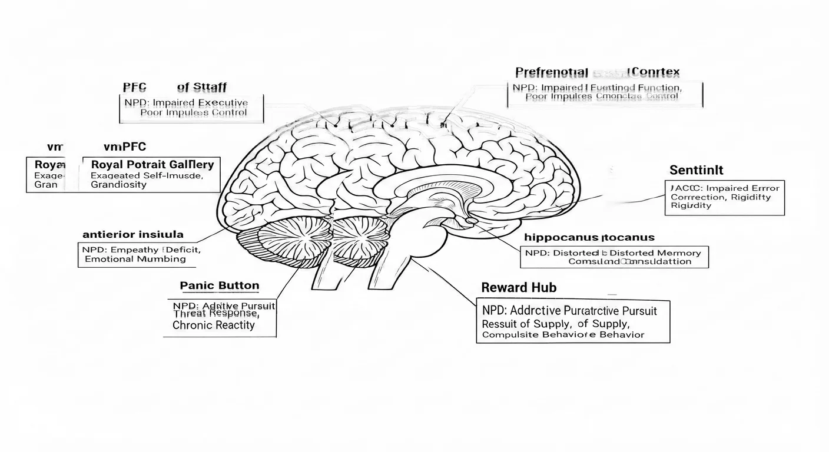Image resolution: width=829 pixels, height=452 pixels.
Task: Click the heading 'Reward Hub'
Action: point(518,288)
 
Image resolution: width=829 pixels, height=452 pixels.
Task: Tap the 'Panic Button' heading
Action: point(219,286)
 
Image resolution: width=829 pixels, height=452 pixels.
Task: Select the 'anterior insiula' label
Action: point(132,234)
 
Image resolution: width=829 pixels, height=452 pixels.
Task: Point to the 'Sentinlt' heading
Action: point(697,170)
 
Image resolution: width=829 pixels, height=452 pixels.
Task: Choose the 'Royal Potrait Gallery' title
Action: point(152,164)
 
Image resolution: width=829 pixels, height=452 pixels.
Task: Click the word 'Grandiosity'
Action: point(118,184)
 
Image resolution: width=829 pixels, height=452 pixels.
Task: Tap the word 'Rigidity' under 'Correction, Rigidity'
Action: point(691,205)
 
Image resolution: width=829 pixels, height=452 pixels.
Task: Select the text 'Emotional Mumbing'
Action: point(135,258)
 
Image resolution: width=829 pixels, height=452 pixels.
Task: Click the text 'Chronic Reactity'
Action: point(214,325)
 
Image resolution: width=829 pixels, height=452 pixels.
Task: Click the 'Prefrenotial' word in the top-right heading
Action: point(551,72)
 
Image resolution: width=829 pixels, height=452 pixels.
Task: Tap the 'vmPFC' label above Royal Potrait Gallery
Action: point(124,147)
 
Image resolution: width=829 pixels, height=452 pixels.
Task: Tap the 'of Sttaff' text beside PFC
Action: point(201,88)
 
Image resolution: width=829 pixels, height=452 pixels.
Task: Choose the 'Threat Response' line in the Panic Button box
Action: point(216,314)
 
